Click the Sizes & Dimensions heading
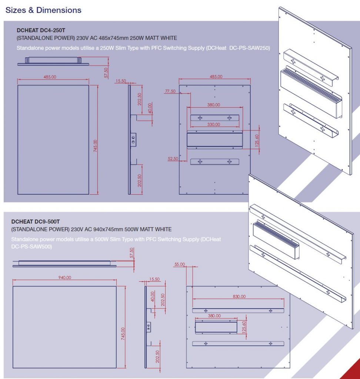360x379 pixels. [x=43, y=10]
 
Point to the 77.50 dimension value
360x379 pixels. [x=170, y=91]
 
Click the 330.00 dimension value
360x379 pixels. [x=213, y=125]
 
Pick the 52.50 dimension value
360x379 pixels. [x=173, y=158]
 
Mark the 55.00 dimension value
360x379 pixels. [x=180, y=264]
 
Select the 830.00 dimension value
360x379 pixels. [x=239, y=296]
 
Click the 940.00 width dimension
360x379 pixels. [x=65, y=278]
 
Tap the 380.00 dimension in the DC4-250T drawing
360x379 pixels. [x=213, y=105]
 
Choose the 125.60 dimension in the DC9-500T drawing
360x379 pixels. [x=244, y=327]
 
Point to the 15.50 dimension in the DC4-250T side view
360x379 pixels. [x=121, y=81]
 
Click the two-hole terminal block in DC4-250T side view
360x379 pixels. [x=133, y=140]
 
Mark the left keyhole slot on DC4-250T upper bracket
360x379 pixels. [x=200, y=118]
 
